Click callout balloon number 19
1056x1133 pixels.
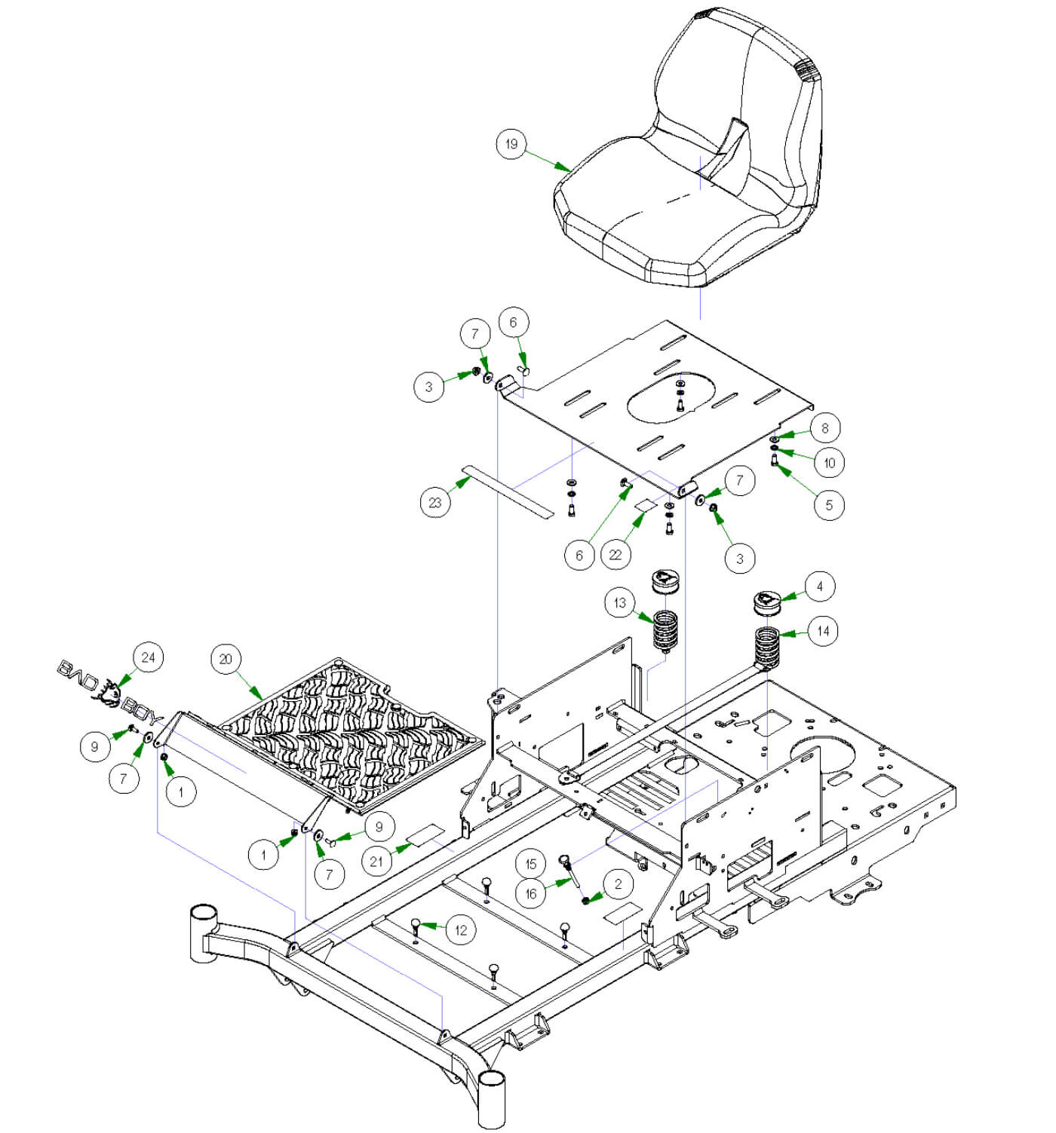511,144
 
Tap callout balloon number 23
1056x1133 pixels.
435,502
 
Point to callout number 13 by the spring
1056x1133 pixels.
620,603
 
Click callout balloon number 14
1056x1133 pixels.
823,631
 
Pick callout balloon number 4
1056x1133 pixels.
820,586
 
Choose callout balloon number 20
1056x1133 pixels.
226,659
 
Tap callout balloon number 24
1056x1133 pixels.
148,657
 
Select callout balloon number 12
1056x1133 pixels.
461,930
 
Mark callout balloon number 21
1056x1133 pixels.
377,860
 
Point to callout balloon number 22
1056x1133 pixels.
615,555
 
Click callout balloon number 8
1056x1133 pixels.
824,428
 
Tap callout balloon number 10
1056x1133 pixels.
830,463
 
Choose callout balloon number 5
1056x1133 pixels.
829,505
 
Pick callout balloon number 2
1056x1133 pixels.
619,883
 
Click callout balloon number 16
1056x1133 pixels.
531,893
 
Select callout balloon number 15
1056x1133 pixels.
531,864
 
